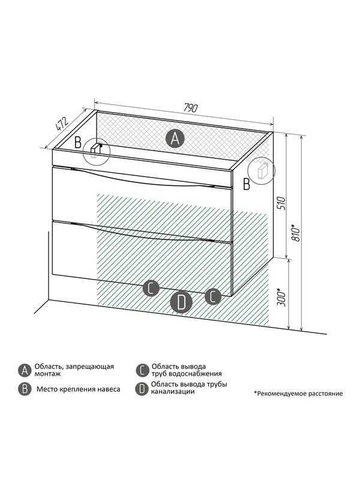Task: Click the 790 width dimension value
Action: coord(191,108)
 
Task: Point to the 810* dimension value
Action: coord(296,233)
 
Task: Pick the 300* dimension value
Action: coord(281,297)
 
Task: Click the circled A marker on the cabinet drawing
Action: coord(175,139)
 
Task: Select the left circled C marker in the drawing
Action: coord(151,288)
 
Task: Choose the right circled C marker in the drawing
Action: coord(213,296)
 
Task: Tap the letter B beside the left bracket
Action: coord(79,143)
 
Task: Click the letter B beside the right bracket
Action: coord(246,184)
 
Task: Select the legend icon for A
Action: coord(25,370)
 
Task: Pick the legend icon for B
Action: coord(25,389)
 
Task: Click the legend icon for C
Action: coord(142,370)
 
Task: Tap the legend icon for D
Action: coord(142,389)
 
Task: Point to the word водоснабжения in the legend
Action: coord(198,374)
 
